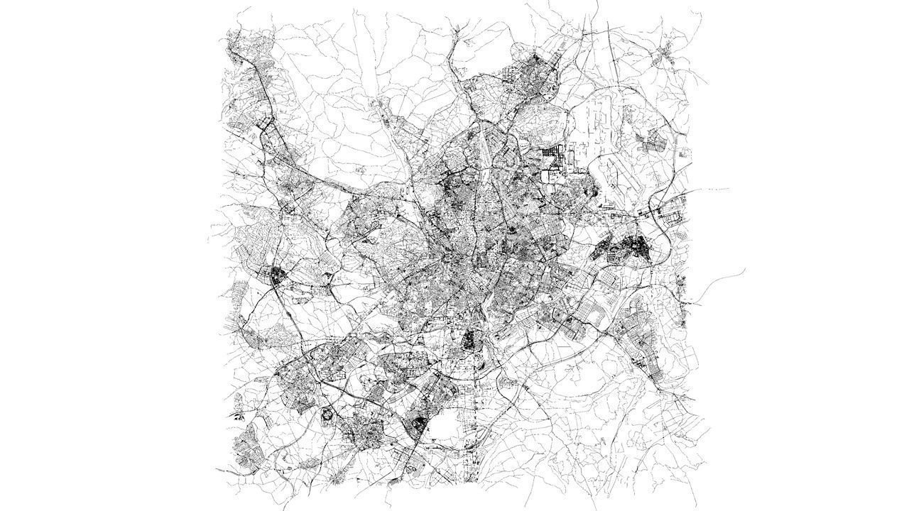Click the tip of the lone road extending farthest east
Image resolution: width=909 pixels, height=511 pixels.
(x=744, y=270)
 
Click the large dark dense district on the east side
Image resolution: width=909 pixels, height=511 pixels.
(x=625, y=248)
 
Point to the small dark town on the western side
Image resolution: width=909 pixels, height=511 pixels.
(x=275, y=275)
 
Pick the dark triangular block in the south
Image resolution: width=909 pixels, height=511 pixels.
(x=419, y=425)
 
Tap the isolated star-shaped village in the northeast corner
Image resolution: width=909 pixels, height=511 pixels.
(x=668, y=53)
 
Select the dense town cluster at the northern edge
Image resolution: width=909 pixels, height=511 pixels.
(x=529, y=75)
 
